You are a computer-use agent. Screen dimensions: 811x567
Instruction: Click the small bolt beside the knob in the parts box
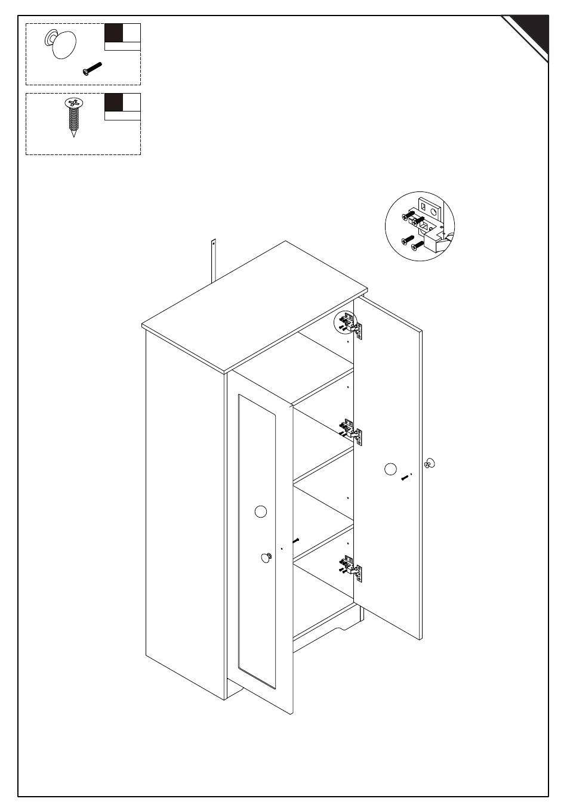point(93,69)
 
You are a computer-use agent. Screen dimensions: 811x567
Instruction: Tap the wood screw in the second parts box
point(73,116)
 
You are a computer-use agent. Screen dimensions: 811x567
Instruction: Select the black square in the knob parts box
point(113,33)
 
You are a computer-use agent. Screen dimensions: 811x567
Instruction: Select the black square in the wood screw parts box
point(113,102)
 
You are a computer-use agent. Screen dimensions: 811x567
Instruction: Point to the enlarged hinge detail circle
point(420,225)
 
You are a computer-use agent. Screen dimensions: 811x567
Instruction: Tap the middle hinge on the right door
point(352,432)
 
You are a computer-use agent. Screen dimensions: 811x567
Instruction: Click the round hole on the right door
point(390,469)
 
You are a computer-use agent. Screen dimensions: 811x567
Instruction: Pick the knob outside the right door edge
point(430,463)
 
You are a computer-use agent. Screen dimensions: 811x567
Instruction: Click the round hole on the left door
point(260,511)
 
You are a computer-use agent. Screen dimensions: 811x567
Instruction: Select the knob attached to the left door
point(266,558)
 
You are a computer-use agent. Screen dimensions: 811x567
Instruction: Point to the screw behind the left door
point(296,540)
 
